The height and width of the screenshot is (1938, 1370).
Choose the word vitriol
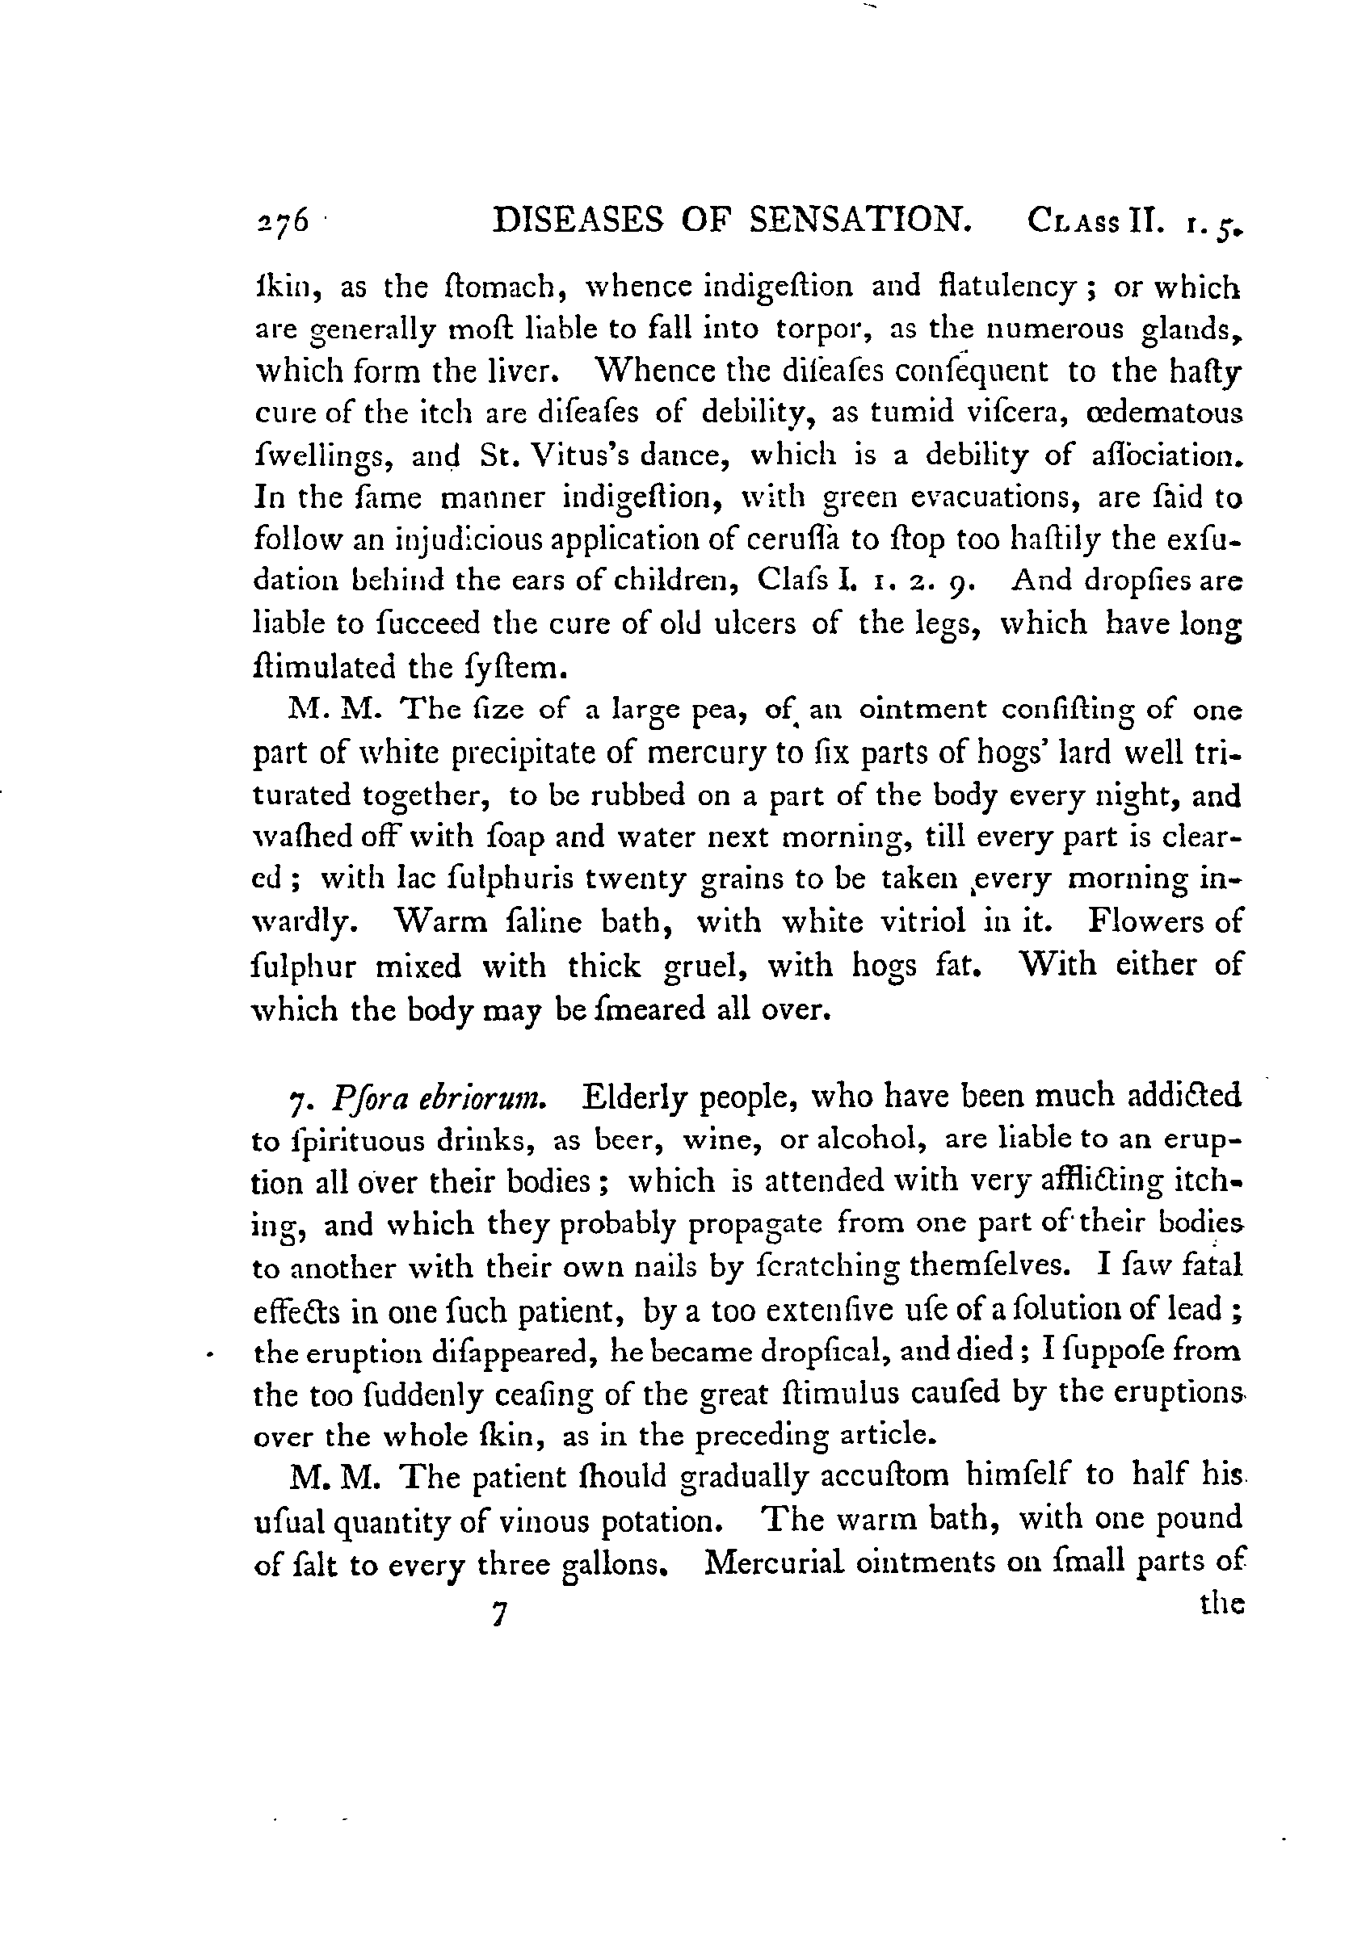coord(914,921)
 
